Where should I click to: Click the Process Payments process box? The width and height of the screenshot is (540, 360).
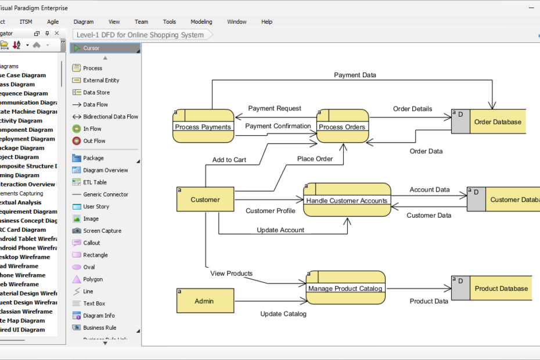point(203,126)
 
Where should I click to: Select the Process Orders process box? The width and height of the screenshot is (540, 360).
point(343,126)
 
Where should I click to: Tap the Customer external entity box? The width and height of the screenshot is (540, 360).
point(205,199)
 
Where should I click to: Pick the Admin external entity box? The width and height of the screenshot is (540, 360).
point(205,301)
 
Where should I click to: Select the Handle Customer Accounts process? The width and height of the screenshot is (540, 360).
point(347,200)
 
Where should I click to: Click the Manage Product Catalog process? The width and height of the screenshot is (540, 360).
point(345,288)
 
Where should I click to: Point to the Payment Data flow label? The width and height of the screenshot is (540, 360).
point(355,75)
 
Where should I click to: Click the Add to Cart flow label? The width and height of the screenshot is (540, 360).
point(229,160)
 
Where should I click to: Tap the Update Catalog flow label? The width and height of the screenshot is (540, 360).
point(283,314)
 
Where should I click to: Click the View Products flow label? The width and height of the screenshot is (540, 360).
point(231,273)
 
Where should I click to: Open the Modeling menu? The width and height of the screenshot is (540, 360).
point(201,22)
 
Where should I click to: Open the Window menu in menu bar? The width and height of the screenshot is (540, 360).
point(237,22)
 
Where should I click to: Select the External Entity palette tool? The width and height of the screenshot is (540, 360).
point(100,80)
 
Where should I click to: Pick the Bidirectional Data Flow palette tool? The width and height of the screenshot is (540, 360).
point(110,117)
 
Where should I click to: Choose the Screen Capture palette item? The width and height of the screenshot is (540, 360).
point(102,231)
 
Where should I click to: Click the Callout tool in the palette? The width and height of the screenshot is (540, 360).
point(92,243)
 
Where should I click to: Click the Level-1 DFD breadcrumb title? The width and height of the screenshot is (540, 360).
point(140,35)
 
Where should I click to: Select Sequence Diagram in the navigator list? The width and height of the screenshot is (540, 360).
point(23,93)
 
